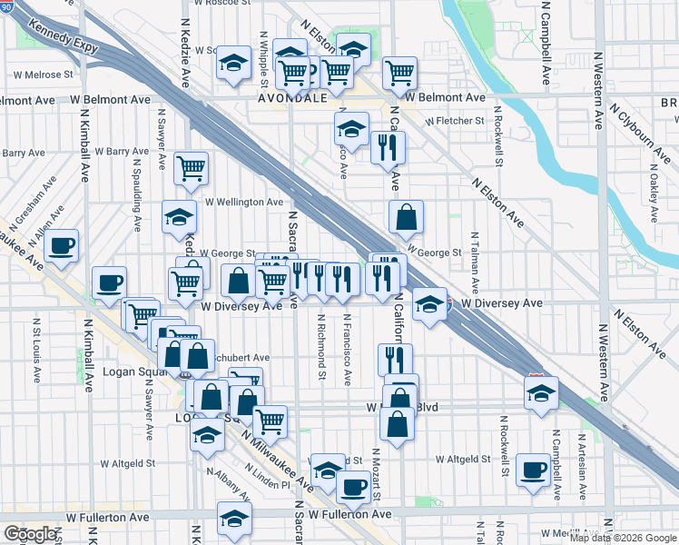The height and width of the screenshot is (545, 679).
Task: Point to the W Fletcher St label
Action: [453, 121]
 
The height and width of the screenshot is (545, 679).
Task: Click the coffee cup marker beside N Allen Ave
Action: [61, 245]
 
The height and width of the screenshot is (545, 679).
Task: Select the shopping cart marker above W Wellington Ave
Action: [191, 167]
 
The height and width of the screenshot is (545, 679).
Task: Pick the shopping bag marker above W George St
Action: [406, 216]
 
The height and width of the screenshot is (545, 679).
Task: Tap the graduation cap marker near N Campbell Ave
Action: [541, 393]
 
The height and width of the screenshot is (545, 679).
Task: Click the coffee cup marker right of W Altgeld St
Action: [533, 470]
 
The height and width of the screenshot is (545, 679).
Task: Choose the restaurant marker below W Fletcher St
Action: [388, 146]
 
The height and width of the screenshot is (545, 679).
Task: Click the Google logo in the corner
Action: [30, 534]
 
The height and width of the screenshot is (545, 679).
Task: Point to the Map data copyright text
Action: [623, 538]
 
